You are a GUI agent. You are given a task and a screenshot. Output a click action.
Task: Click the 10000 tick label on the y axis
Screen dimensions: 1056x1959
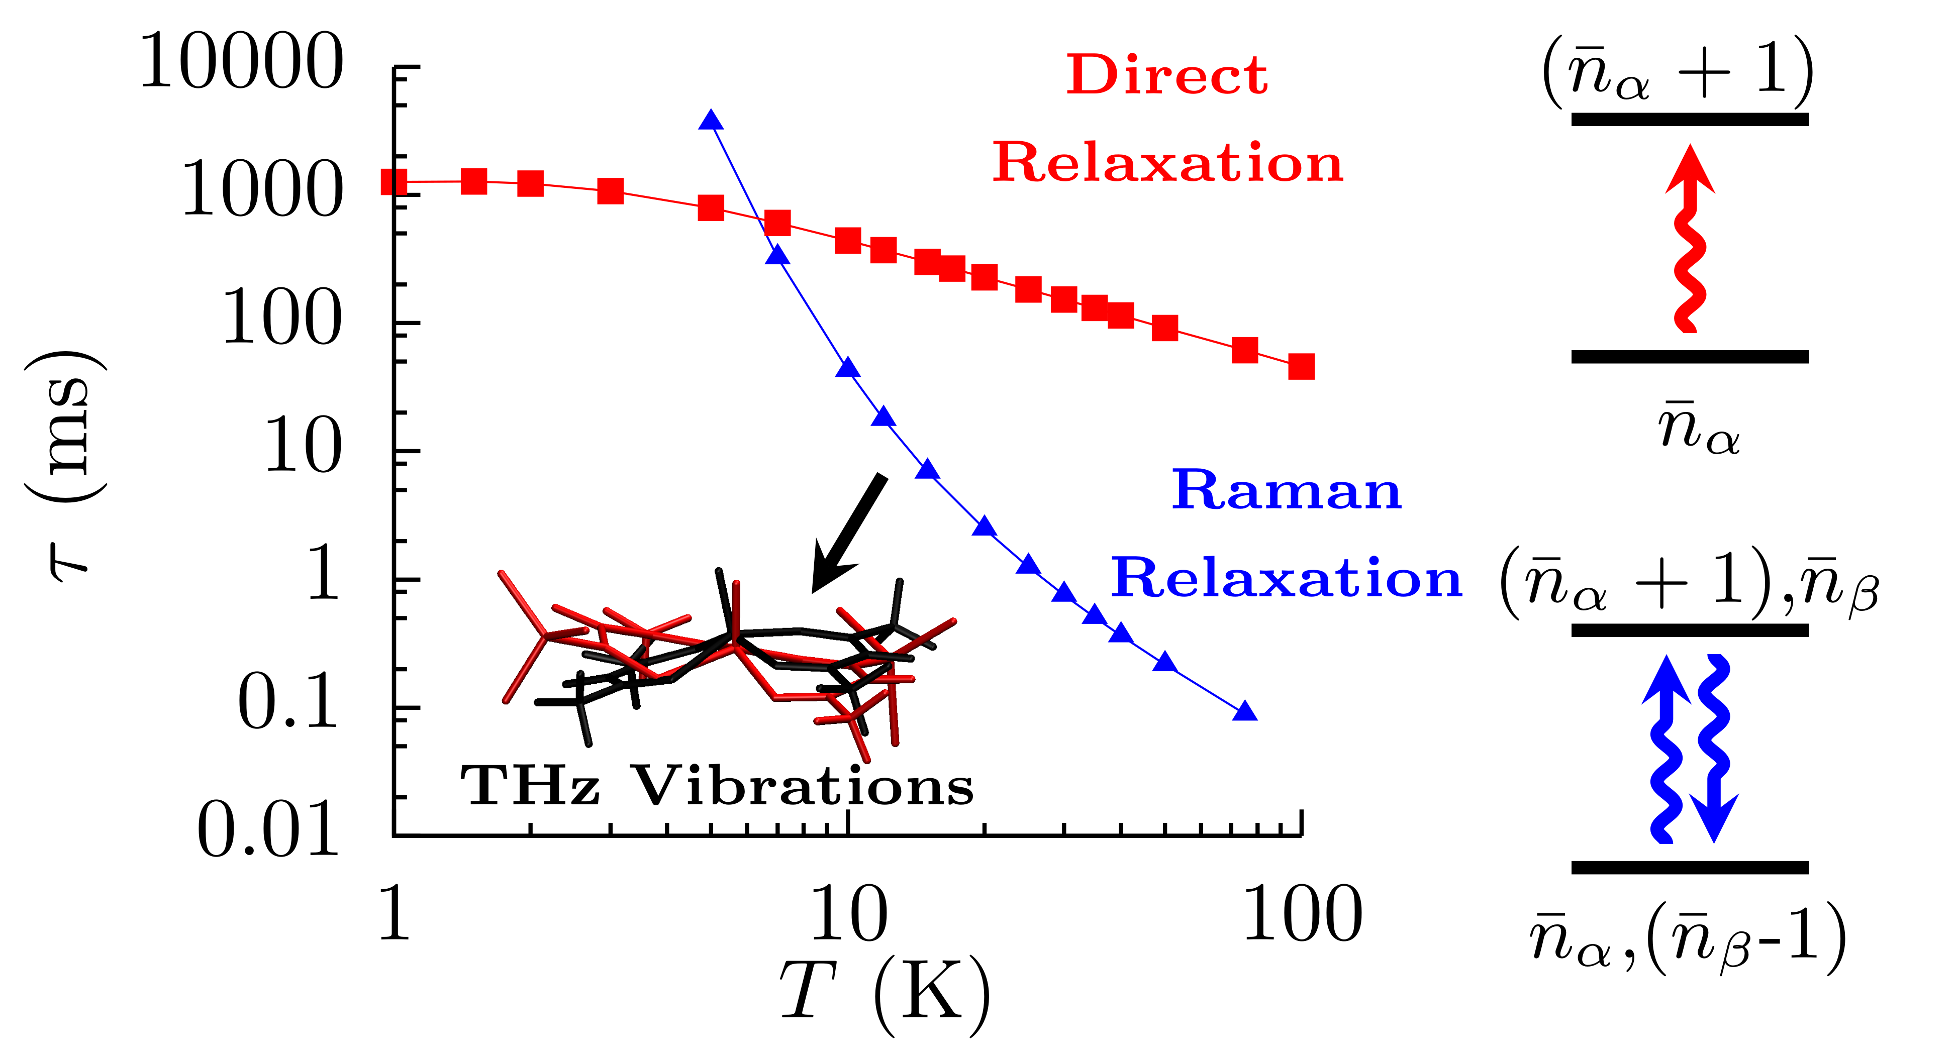242,62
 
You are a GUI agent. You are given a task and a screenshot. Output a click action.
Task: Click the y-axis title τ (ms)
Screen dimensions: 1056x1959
67,465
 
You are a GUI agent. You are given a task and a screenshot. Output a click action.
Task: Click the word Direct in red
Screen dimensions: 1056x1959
1167,75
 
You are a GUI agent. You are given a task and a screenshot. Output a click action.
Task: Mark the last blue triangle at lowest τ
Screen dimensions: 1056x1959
1244,711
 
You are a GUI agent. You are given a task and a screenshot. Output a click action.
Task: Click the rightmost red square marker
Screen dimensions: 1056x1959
1301,366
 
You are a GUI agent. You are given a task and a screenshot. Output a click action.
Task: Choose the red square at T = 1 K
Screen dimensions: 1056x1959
394,182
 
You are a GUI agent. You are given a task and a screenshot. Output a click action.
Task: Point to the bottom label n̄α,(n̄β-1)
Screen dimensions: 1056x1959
1688,939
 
